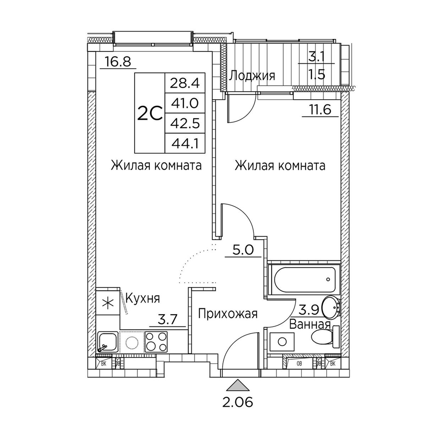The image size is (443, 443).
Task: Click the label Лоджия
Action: tap(252, 75)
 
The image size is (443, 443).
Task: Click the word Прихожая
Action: tap(228, 314)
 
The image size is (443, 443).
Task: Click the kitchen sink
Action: tap(108, 342)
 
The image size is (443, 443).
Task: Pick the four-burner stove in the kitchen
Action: tap(156, 342)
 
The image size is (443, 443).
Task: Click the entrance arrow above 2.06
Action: tap(239, 385)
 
